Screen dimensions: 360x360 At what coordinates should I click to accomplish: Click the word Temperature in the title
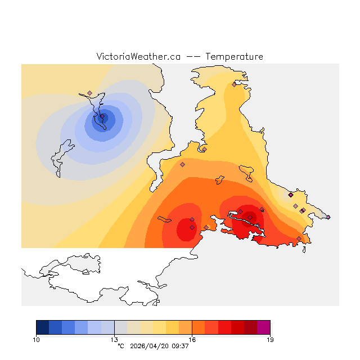pyautogui.click(x=234, y=57)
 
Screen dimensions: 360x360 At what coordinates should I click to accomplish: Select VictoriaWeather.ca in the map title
pyautogui.click(x=138, y=57)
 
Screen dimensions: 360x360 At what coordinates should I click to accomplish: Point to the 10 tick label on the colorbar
pyautogui.click(x=37, y=339)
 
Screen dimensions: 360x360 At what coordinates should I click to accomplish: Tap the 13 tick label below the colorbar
pyautogui.click(x=114, y=339)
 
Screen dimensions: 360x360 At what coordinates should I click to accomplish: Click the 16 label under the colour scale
pyautogui.click(x=192, y=339)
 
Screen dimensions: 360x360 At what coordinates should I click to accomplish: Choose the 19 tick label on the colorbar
pyautogui.click(x=270, y=339)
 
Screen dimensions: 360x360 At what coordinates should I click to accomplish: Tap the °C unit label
pyautogui.click(x=120, y=346)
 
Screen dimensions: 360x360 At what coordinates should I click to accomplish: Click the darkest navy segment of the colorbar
pyautogui.click(x=42, y=327)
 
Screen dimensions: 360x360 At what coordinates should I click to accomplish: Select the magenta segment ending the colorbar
pyautogui.click(x=263, y=327)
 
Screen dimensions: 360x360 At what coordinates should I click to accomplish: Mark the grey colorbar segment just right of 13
pyautogui.click(x=120, y=327)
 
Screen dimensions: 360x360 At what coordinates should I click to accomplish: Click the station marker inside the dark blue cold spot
pyautogui.click(x=102, y=117)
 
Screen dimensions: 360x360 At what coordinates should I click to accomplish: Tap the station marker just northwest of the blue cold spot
pyautogui.click(x=89, y=93)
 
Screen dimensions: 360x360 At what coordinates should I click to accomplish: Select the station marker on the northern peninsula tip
pyautogui.click(x=234, y=84)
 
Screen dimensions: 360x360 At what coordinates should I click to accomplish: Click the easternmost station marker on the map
pyautogui.click(x=328, y=217)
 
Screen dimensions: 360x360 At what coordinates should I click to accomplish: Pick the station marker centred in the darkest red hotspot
pyautogui.click(x=250, y=217)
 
